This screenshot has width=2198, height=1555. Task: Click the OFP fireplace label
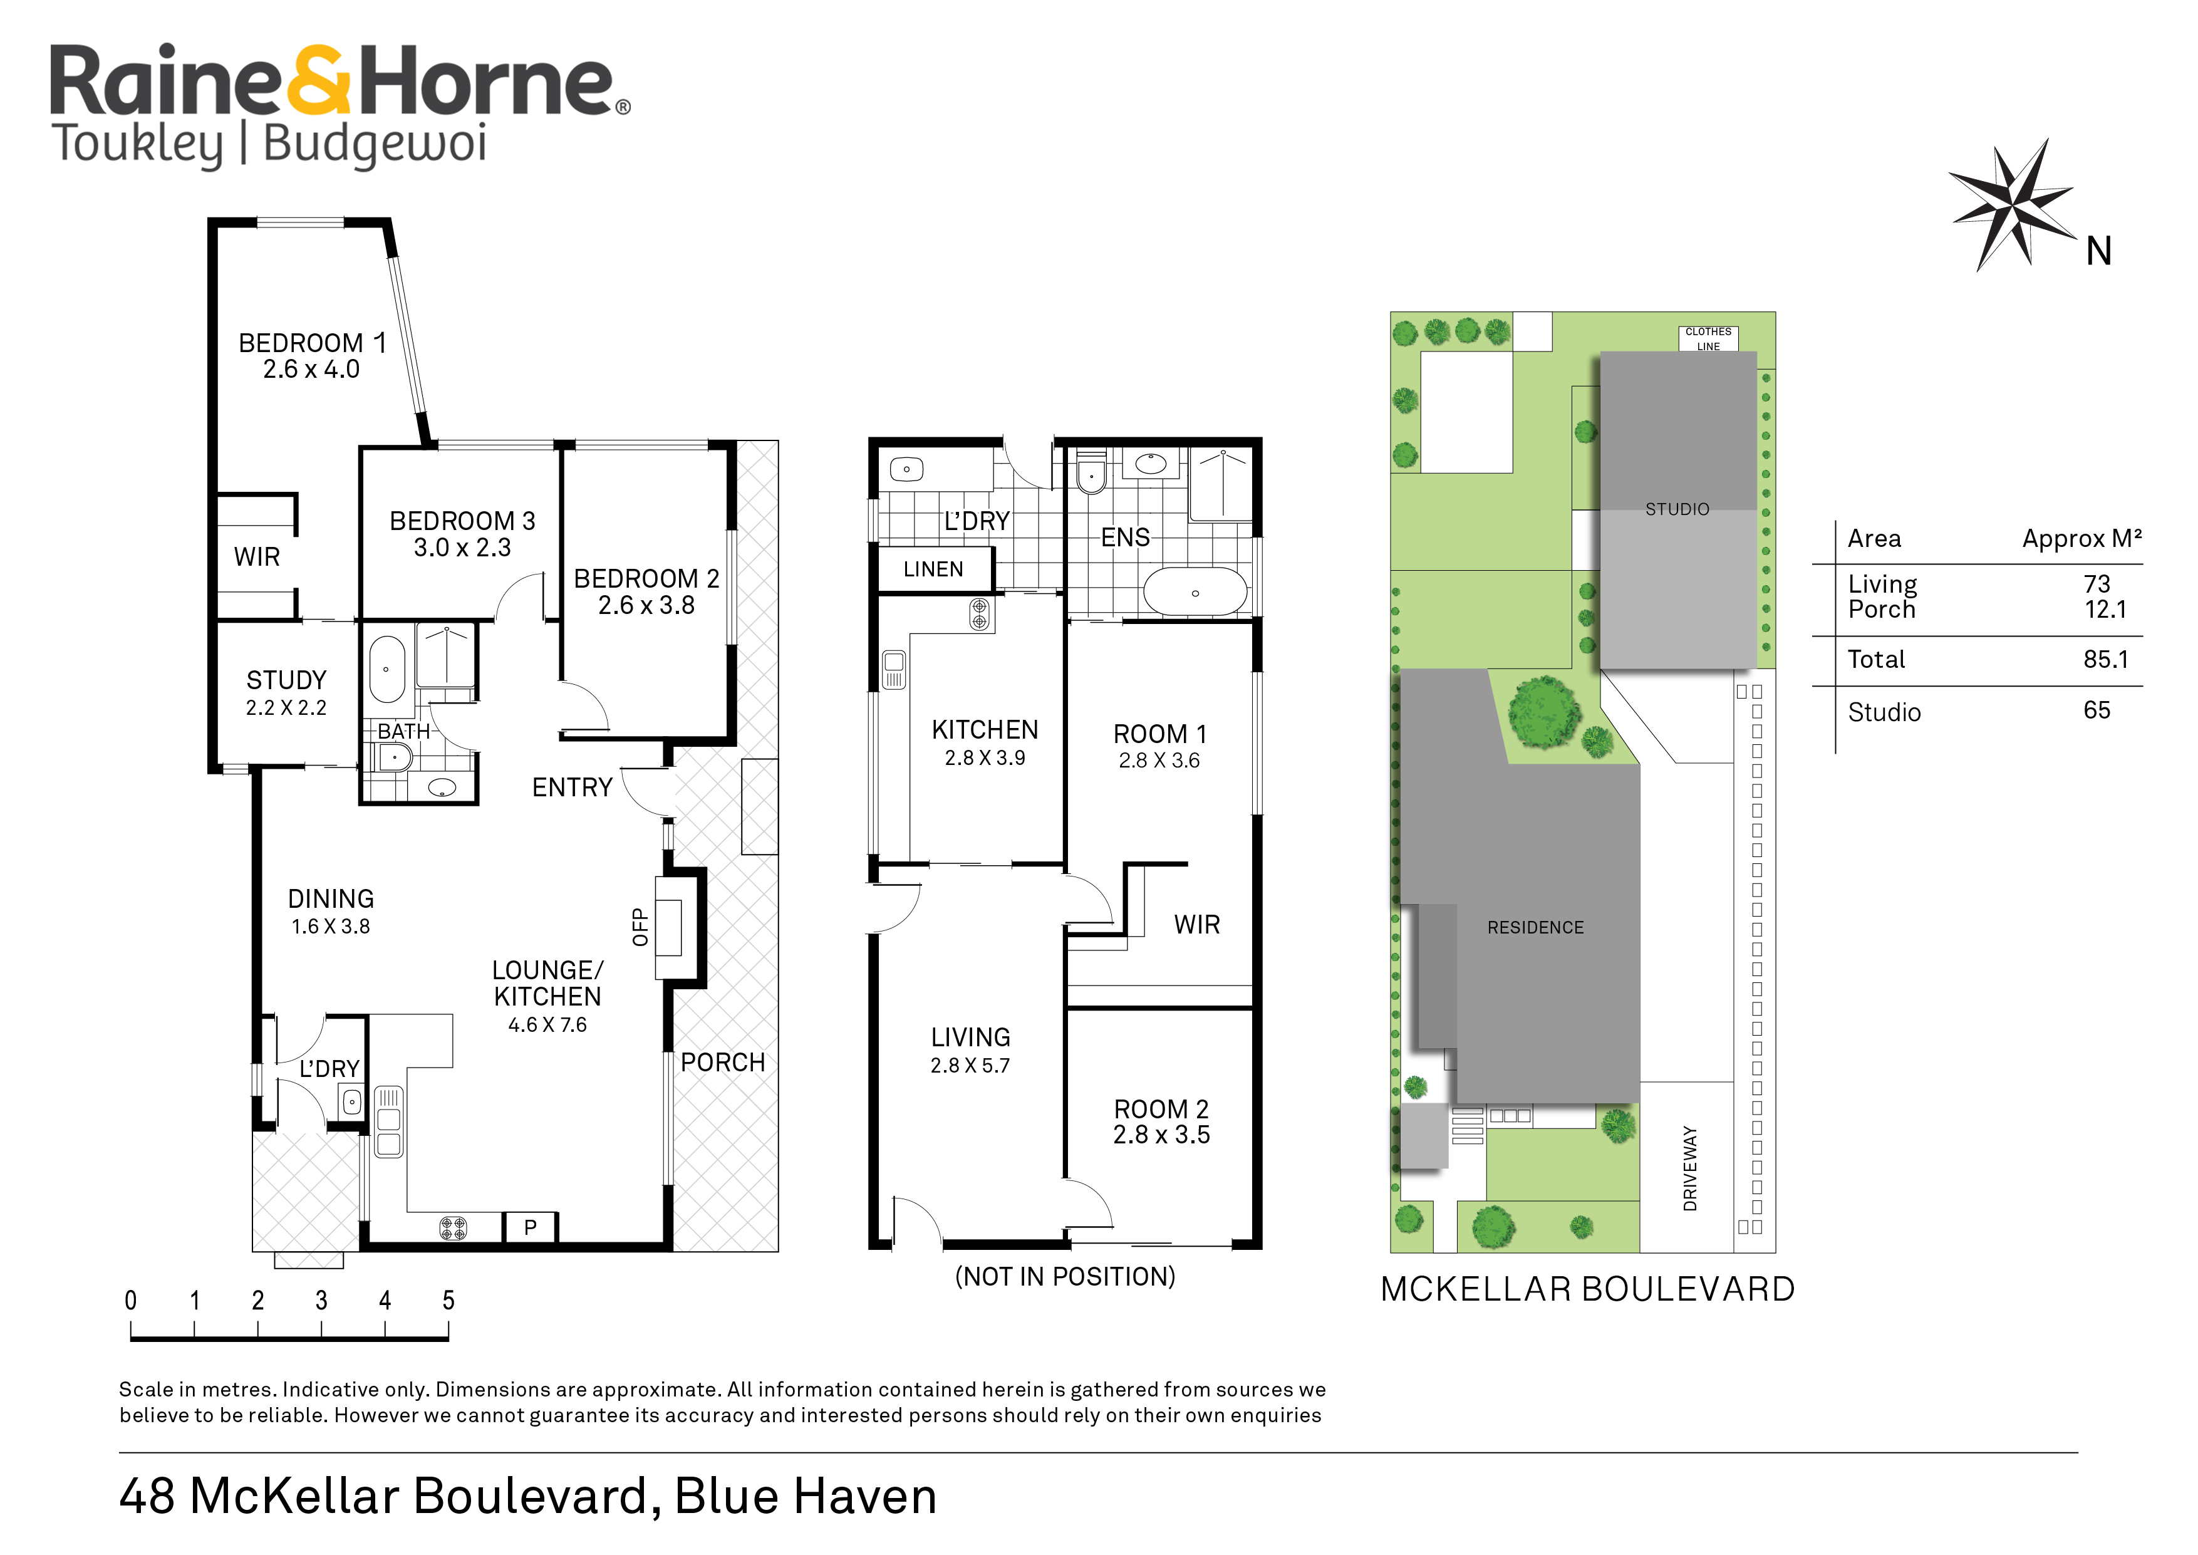(x=640, y=927)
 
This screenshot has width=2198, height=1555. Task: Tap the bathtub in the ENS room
(x=1196, y=592)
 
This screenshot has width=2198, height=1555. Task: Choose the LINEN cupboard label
(x=933, y=569)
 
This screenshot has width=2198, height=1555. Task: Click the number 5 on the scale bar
(x=448, y=1300)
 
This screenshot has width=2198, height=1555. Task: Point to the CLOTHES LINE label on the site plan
(x=1708, y=339)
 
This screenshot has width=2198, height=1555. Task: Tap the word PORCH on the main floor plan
(x=723, y=1062)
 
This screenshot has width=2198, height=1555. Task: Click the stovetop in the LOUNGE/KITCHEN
(x=453, y=1227)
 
